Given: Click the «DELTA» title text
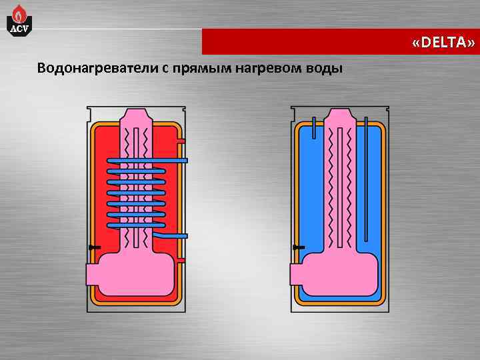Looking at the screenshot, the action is tap(443, 43).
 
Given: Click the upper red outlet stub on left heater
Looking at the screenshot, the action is tap(181, 141).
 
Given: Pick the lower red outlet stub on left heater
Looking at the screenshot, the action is tap(181, 259).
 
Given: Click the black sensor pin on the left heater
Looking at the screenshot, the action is tap(93, 247).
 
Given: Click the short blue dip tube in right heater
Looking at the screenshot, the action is tap(313, 127).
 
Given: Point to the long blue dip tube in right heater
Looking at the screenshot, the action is tap(365, 180).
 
